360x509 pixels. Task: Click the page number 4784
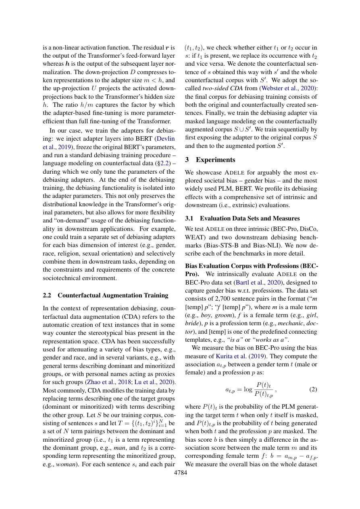[x=180, y=472]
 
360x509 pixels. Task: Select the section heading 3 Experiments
[x=210, y=160]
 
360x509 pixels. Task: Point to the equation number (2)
[x=313, y=390]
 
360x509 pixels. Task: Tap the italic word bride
[x=193, y=323]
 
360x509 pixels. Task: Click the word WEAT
[x=196, y=237]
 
